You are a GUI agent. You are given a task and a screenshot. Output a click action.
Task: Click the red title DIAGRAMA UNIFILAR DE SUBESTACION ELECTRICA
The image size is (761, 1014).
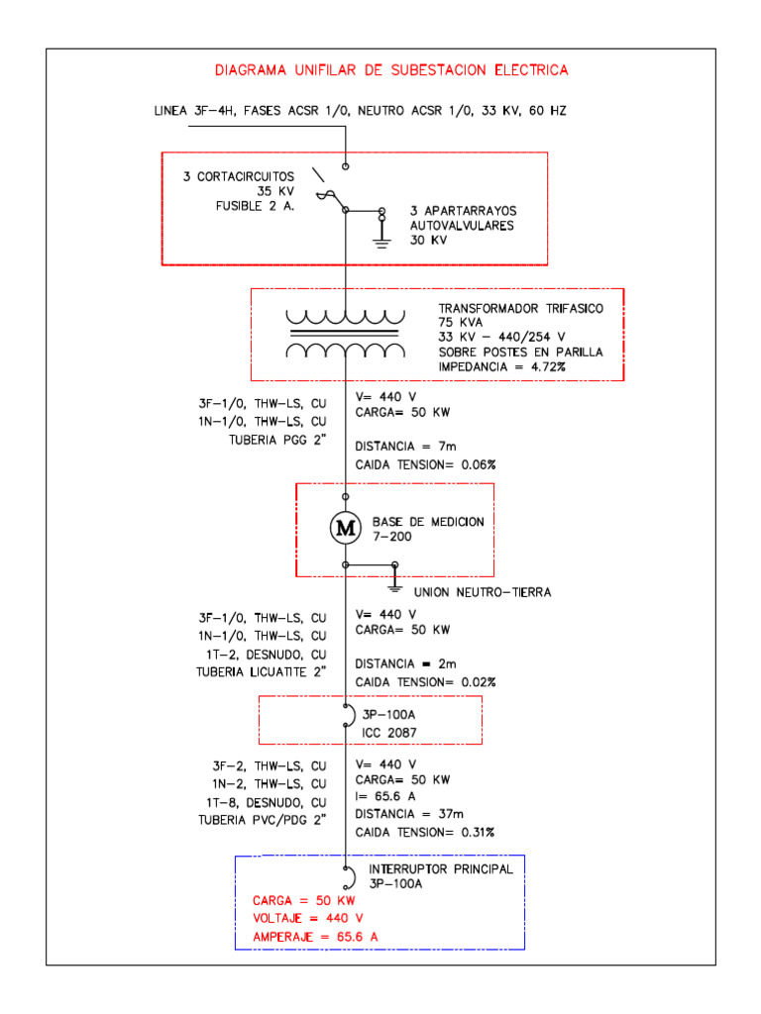tap(391, 70)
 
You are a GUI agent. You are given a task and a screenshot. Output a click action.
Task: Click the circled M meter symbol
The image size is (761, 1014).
tap(346, 529)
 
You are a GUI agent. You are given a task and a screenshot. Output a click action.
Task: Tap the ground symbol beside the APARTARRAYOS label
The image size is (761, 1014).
tap(381, 237)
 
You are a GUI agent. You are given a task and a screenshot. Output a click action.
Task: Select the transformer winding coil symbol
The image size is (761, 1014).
tap(346, 335)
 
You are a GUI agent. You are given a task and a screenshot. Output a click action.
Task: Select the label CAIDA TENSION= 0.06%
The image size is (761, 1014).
tap(425, 463)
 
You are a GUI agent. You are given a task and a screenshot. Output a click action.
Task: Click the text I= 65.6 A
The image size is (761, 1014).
tap(387, 796)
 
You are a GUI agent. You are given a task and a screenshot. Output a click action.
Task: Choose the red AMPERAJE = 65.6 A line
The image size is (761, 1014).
tap(316, 936)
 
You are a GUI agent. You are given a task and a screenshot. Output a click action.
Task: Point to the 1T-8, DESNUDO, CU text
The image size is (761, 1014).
tap(269, 801)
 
